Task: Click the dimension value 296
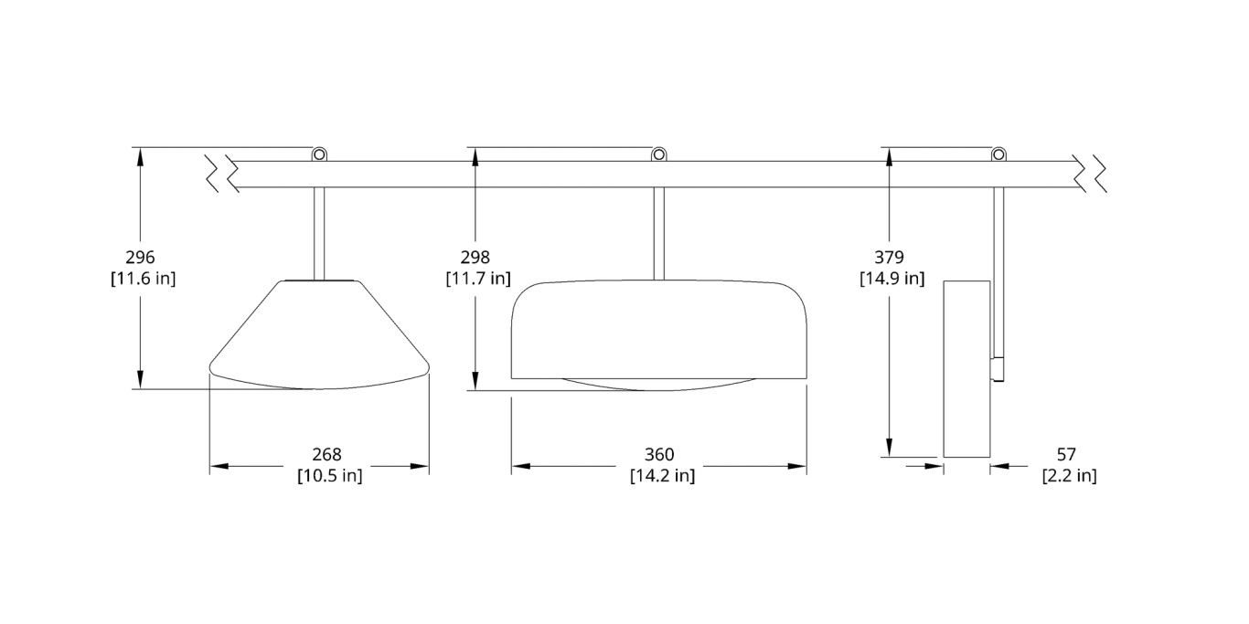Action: coord(140,258)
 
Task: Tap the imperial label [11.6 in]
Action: coord(144,279)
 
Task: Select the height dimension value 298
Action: coord(475,258)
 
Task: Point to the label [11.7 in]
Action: coord(478,279)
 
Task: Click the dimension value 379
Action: coord(889,258)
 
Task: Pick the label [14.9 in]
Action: coord(892,279)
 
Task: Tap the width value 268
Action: coord(326,455)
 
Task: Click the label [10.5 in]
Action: coord(329,476)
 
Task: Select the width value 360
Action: coord(659,455)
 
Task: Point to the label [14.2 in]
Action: coord(662,476)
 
